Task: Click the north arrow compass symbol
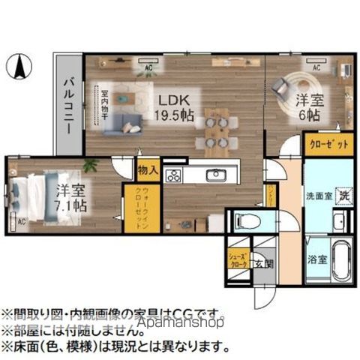tap(21, 69)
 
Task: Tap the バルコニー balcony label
tap(68, 105)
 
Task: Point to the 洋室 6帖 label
tap(307, 108)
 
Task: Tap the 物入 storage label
tap(148, 170)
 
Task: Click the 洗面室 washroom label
tap(319, 196)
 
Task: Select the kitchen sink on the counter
tap(216, 175)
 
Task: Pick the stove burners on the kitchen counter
tap(173, 176)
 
